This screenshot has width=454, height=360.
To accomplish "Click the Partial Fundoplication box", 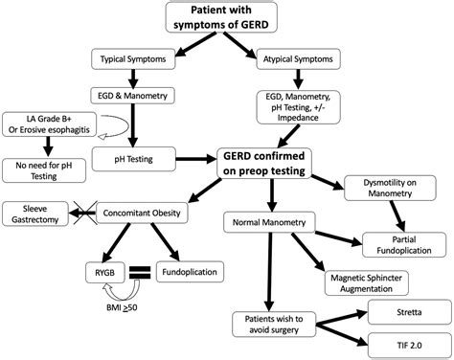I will coord(403,244).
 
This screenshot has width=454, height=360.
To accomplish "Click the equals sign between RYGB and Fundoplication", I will coord(139,272).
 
